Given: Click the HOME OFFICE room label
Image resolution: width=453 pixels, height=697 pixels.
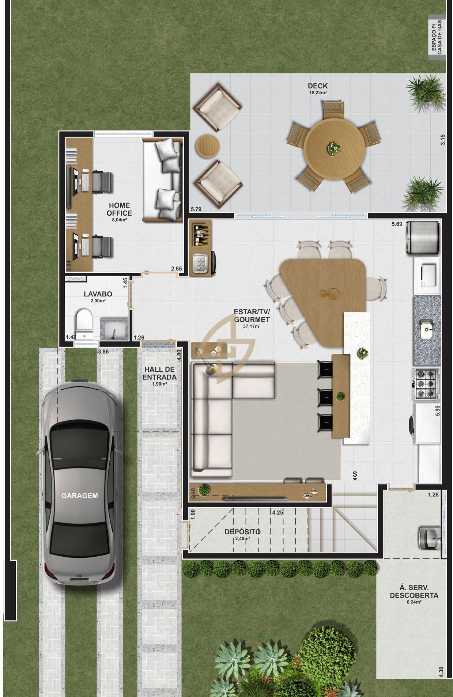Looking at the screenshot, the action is coord(119,209).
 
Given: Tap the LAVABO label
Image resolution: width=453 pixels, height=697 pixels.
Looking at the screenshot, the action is coord(98,294).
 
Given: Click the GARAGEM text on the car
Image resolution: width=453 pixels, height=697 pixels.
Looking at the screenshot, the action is coord(79,496).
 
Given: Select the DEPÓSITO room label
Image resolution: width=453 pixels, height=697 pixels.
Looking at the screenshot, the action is coord(242,531).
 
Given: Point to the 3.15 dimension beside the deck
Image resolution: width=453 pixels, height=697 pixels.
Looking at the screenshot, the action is coord(442,140).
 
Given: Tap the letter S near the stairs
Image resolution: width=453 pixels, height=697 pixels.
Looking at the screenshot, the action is coord(355,474).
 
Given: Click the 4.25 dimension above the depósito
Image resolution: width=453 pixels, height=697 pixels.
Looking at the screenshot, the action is coord(278,512).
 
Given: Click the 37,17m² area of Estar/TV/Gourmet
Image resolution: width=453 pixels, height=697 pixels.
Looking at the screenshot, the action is coord(252,326).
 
